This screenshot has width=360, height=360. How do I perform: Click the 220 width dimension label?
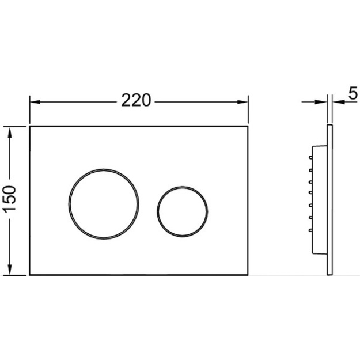pos(136,100)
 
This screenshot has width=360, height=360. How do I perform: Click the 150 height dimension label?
pos(10,198)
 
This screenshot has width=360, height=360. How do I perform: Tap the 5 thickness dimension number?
pos(353,93)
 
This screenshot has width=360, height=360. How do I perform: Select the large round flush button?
pos(104,169)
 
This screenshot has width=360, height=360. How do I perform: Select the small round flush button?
pos(183,187)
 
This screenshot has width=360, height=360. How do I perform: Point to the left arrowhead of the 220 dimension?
pos(35,102)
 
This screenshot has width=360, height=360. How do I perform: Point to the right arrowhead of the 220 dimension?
pos(242,102)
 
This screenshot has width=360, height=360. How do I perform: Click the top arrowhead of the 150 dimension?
pos(10,132)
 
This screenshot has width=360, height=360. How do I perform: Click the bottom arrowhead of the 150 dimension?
pos(10,270)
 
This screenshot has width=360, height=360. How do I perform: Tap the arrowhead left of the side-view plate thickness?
pos(321,102)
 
